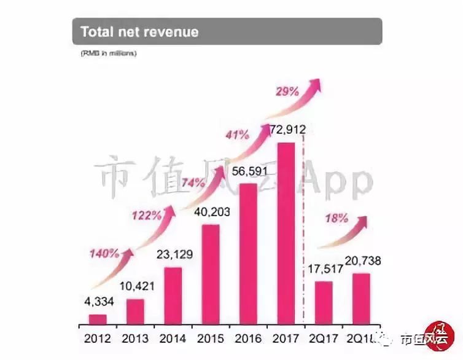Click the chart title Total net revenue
[x=139, y=31]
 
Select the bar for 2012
[x=98, y=319]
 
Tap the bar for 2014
[x=173, y=295]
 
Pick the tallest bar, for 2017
[x=286, y=233]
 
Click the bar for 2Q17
[x=324, y=302]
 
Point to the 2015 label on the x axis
[x=209, y=338]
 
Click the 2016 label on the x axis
[x=247, y=338]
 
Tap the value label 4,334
[x=98, y=302]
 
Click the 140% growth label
[x=103, y=252]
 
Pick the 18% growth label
[x=337, y=217]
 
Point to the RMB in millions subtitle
[x=108, y=54]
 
